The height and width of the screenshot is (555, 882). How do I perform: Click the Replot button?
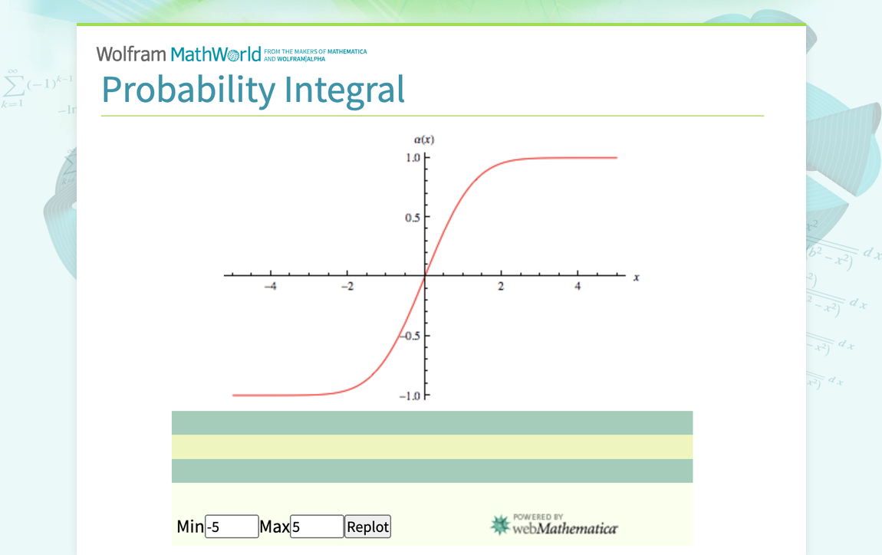click(x=368, y=527)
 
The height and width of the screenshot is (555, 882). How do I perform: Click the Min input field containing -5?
click(x=232, y=527)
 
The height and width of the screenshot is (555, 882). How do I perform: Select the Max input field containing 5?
click(x=317, y=527)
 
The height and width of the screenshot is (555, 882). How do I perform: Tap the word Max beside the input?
click(x=275, y=527)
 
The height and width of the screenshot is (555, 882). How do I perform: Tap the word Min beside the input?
click(x=190, y=527)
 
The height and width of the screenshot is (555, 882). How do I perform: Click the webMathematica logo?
click(x=554, y=524)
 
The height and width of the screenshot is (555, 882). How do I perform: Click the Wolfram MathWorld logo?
click(x=179, y=54)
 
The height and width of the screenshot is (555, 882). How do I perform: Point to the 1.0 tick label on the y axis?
click(x=413, y=158)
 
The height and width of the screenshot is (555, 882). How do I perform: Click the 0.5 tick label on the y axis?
click(x=413, y=217)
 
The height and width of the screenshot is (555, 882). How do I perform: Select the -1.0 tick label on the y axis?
click(x=410, y=396)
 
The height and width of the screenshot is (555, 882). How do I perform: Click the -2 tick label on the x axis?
click(x=347, y=287)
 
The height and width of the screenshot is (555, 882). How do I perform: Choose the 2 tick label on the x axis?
click(x=502, y=287)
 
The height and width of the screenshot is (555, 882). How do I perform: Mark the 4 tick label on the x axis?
click(x=578, y=287)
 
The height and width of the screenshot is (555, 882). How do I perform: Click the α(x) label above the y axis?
click(x=424, y=140)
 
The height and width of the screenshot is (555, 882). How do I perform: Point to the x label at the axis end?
click(x=636, y=277)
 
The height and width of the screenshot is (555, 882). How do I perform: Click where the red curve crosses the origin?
click(x=425, y=275)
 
